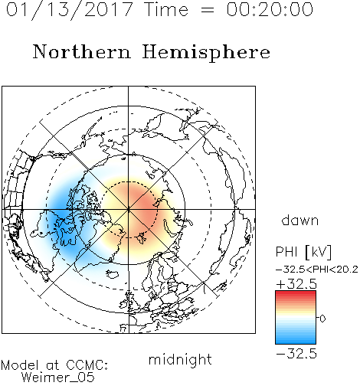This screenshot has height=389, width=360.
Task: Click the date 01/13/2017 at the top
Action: coord(69,10)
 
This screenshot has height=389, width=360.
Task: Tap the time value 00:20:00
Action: coord(270,9)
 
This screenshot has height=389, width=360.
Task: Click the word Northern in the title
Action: coord(82,51)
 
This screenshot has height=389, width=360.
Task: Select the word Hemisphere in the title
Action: coord(206,53)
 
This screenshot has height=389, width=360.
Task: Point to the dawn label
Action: coord(300,220)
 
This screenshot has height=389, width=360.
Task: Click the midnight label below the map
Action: coord(180,359)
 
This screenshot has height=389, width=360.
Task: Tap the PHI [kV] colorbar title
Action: coord(303,252)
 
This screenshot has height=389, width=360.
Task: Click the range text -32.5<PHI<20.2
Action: coord(317,270)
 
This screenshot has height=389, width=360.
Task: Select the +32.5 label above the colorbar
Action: coord(296,284)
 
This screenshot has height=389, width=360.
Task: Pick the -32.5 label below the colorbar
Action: coord(296,354)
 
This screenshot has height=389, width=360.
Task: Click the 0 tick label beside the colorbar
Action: coord(322,319)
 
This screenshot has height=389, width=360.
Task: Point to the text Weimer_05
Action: coord(58,378)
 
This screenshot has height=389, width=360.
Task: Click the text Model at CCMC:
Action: coord(54,365)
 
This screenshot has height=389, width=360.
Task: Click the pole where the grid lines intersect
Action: coord(129,209)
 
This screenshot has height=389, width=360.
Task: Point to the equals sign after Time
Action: coord(207,10)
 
